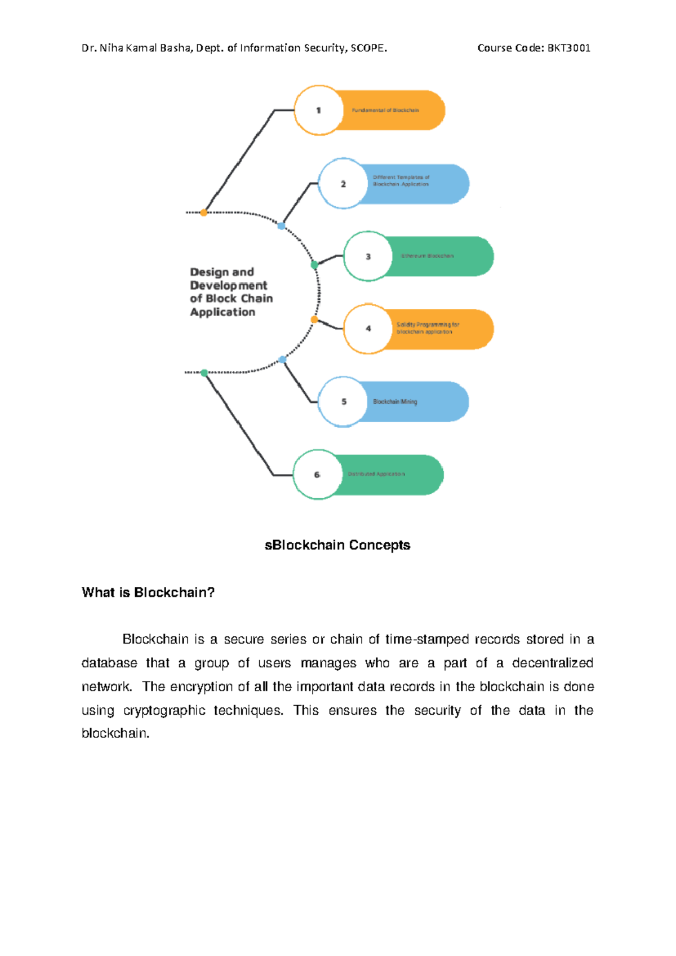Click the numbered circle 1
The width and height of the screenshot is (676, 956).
point(319,110)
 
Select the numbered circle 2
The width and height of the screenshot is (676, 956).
point(343,184)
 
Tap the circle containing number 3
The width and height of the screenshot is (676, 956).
point(368,256)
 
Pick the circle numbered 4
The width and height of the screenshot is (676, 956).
point(368,329)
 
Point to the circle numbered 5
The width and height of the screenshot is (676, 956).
point(344,402)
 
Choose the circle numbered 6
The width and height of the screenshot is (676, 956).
point(317,475)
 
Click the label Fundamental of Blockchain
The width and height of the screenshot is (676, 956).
point(385,110)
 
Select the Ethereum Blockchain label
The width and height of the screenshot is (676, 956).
point(427,256)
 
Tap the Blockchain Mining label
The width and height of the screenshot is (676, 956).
point(395,402)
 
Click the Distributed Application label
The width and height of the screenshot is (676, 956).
point(376,474)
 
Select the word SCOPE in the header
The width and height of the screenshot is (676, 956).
point(368,48)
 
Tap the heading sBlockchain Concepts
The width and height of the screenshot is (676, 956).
point(337,545)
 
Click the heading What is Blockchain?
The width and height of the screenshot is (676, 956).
point(148,592)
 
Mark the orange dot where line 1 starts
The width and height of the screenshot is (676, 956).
point(204,213)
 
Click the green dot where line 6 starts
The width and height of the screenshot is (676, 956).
point(204,373)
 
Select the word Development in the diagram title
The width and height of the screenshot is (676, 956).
point(229,286)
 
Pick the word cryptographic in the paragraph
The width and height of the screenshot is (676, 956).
point(164,710)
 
